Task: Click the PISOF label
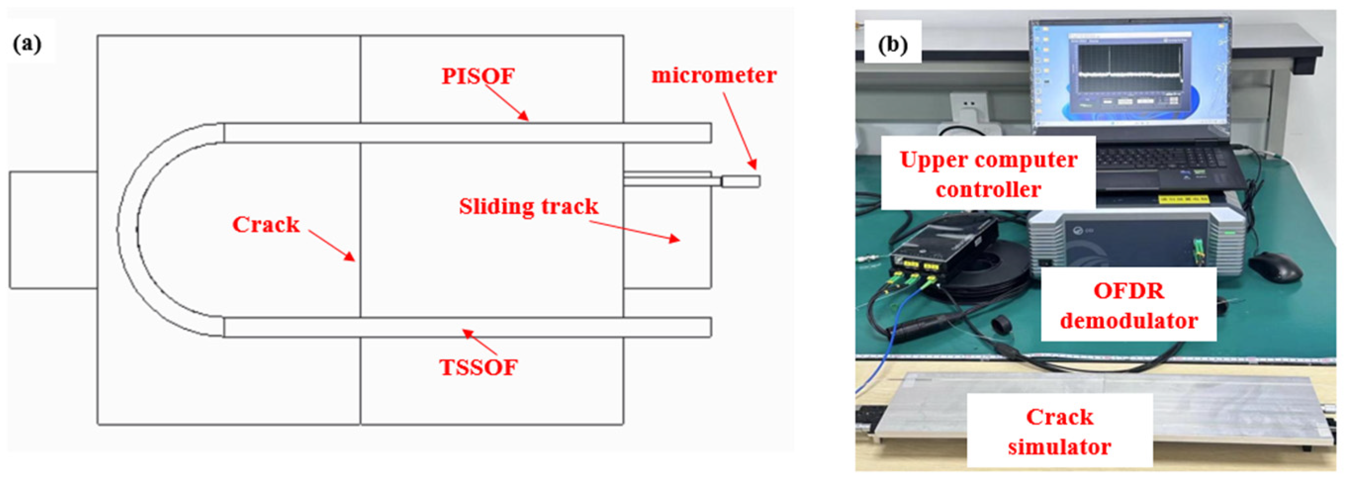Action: [x=478, y=76]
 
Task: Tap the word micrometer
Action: [x=714, y=76]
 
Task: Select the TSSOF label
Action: [x=478, y=368]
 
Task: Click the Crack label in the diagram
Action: [x=266, y=225]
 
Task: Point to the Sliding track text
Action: [x=529, y=207]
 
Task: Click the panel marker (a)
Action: [x=27, y=44]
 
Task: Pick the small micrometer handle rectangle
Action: [x=740, y=181]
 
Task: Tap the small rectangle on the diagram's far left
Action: [x=53, y=229]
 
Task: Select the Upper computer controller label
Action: [x=988, y=174]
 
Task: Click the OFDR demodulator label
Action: [x=1128, y=306]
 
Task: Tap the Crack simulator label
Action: [x=1059, y=432]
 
